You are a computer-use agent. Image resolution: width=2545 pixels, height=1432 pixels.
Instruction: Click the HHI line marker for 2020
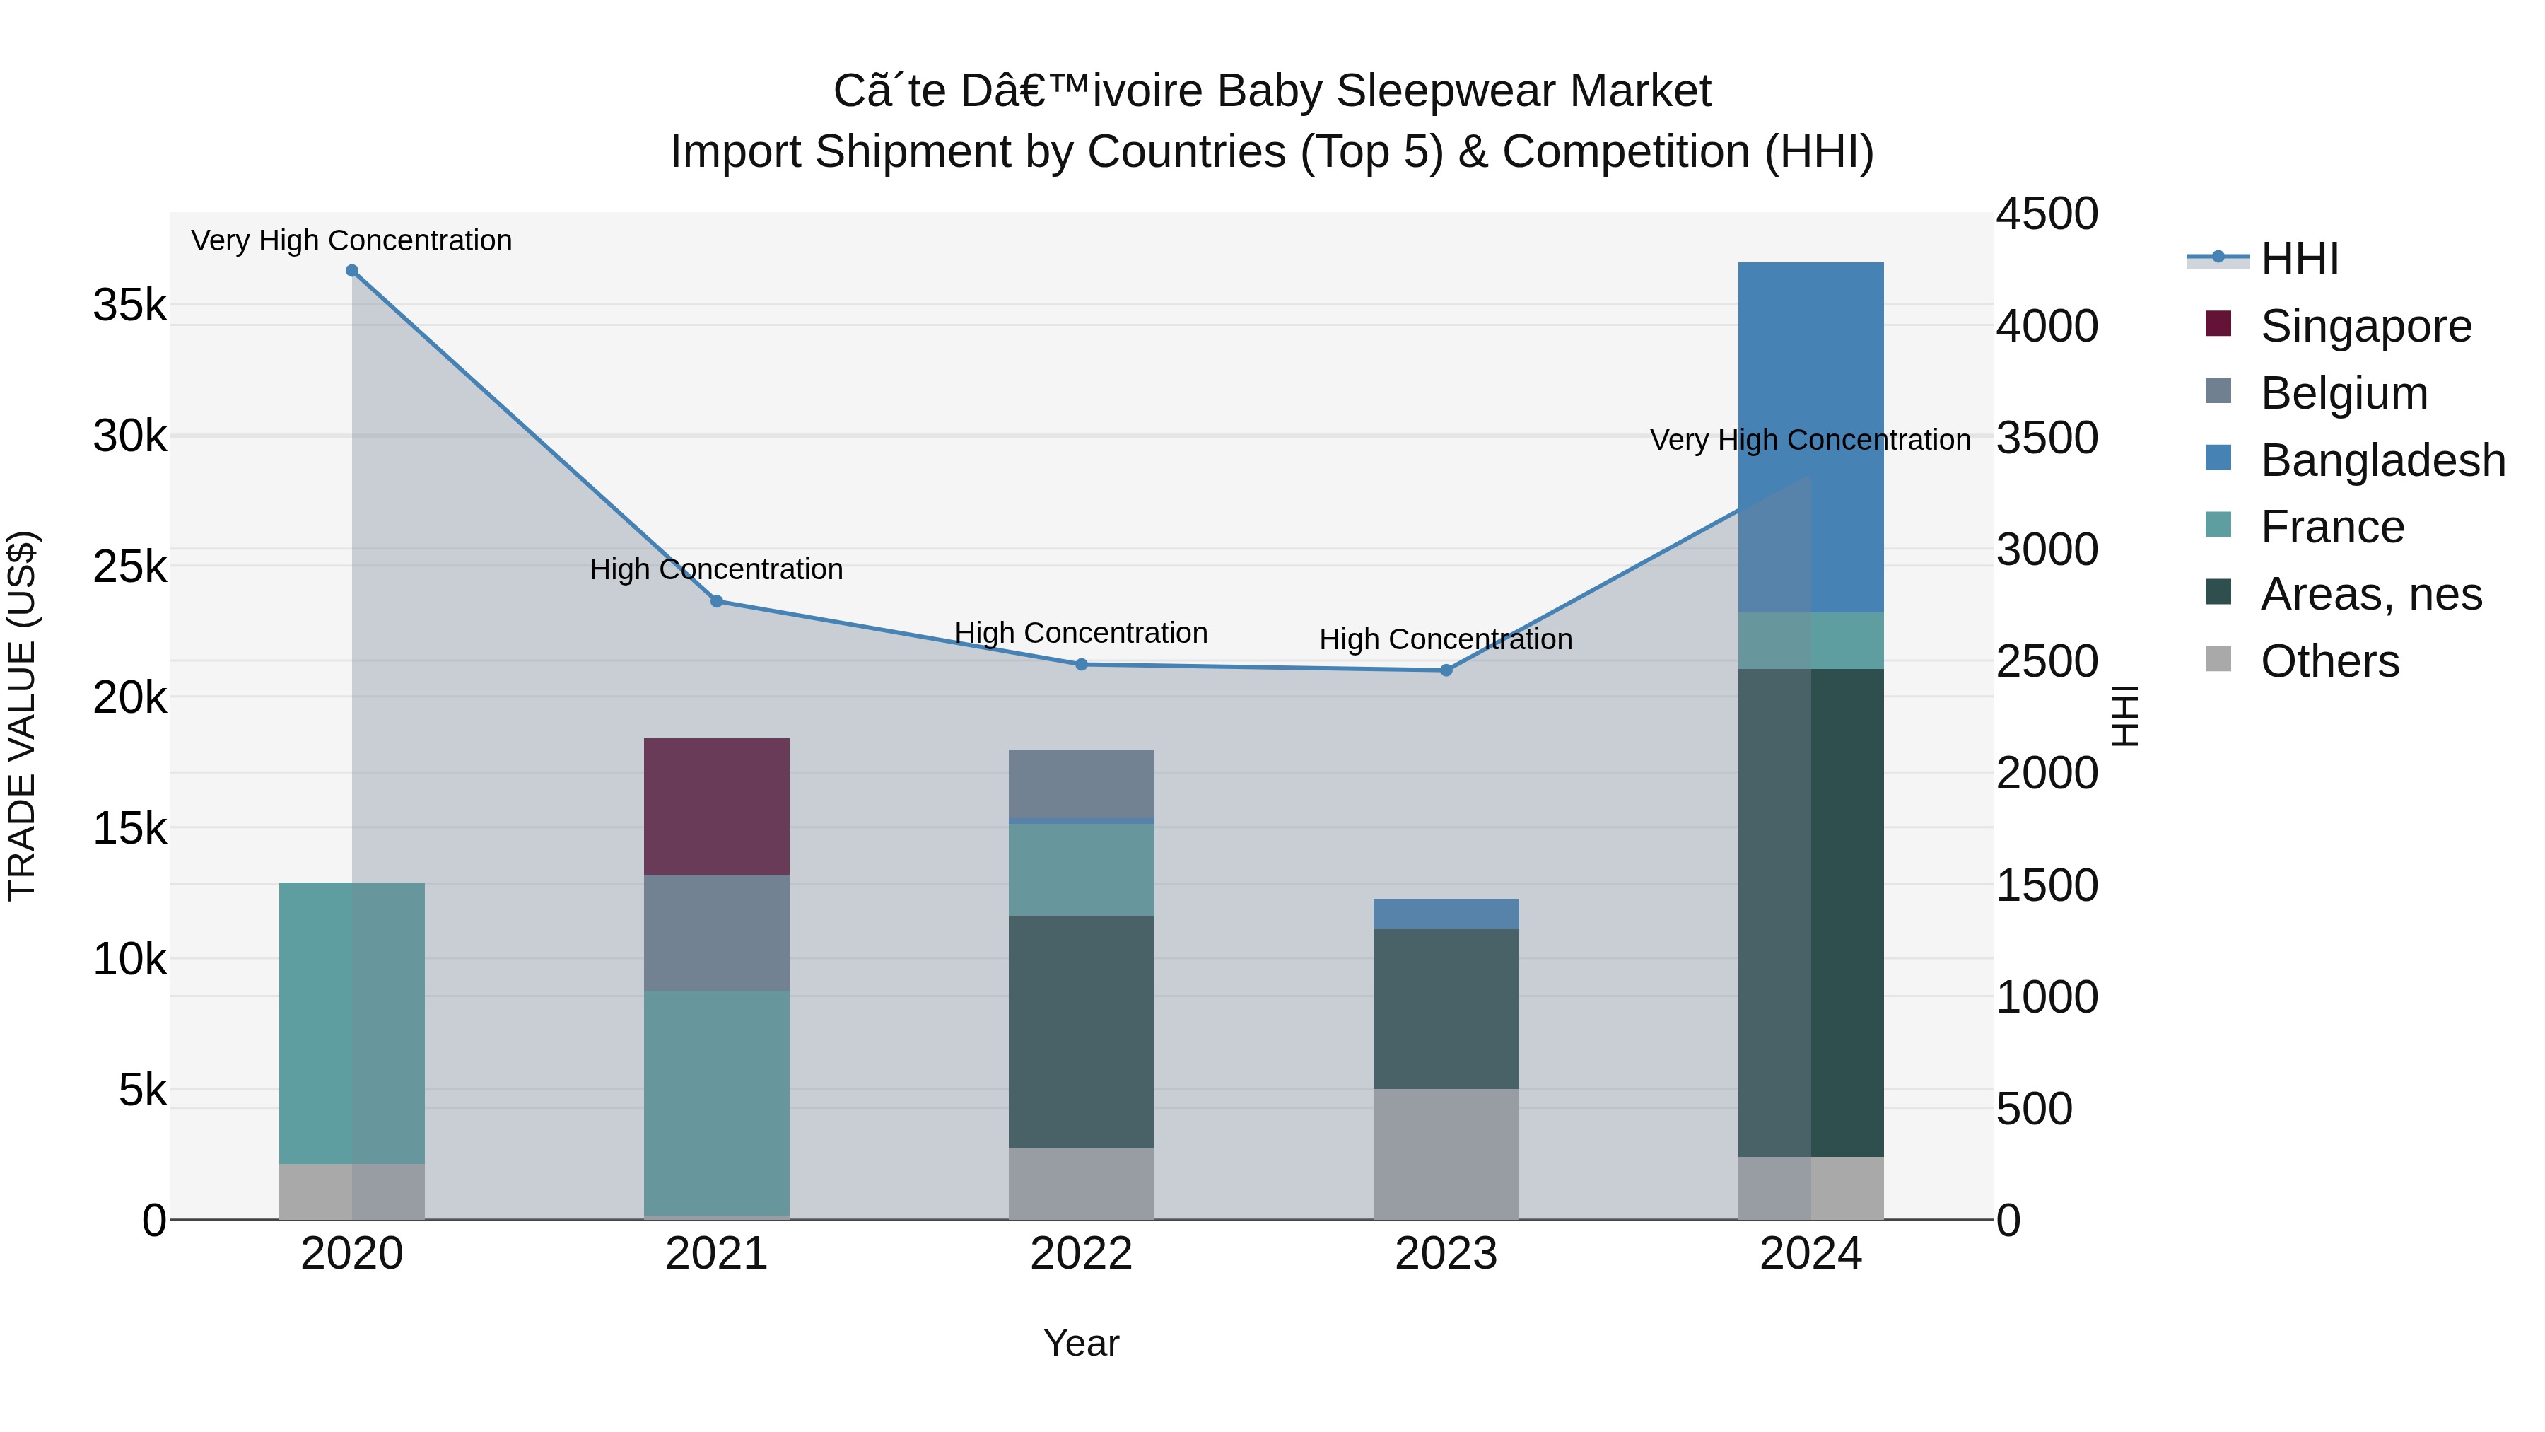coord(352,271)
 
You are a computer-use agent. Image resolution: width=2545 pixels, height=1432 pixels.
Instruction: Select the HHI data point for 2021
coord(716,601)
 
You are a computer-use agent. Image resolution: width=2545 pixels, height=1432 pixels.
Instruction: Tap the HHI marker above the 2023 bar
coord(1446,670)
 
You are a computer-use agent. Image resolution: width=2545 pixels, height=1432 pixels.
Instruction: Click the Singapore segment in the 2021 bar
coord(716,806)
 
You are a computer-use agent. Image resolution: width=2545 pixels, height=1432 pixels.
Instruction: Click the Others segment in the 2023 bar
coord(1446,1153)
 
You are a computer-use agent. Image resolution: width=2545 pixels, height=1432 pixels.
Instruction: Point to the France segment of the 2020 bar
coord(352,1022)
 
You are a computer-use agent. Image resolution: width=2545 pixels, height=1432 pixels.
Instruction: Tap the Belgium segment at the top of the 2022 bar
coord(1081,783)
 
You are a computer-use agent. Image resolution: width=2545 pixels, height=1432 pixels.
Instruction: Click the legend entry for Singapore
coord(2365,326)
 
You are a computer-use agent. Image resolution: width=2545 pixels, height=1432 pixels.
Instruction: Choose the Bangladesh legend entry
coord(2382,460)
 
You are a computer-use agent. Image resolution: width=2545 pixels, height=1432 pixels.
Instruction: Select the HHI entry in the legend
coord(2299,259)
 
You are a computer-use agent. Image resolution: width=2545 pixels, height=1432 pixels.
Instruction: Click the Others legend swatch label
coord(2329,661)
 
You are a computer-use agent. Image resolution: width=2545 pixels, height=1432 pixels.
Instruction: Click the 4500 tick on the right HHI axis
coord(2046,214)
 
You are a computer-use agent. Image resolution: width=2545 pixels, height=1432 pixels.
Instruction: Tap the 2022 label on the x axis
coord(1081,1254)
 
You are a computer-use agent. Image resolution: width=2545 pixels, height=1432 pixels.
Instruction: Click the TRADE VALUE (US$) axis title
coord(22,716)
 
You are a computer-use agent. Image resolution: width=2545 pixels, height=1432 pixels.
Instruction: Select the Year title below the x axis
coord(1081,1343)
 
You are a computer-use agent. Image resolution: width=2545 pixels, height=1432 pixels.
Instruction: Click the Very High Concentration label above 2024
coord(1810,440)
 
